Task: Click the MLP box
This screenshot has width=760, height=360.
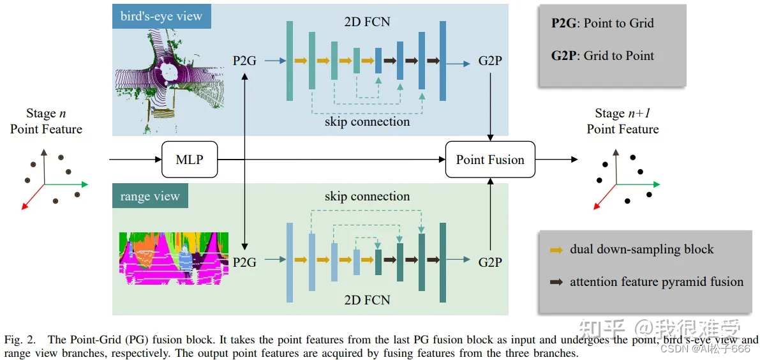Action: coord(190,159)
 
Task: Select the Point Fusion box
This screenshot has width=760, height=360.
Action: coord(490,160)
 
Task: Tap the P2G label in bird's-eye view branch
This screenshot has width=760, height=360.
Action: coord(245,61)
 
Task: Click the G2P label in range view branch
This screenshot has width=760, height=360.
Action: coord(490,262)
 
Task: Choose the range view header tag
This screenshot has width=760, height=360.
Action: coord(150,196)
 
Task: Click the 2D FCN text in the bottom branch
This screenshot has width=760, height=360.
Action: coord(367,299)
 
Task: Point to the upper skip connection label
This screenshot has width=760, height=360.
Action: coord(367,121)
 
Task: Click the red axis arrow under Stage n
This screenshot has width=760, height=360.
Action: coord(33,197)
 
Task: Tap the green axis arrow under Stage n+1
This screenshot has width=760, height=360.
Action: coord(637,184)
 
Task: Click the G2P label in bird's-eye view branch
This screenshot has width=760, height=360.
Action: coord(490,61)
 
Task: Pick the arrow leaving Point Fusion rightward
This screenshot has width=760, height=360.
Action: coord(556,159)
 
